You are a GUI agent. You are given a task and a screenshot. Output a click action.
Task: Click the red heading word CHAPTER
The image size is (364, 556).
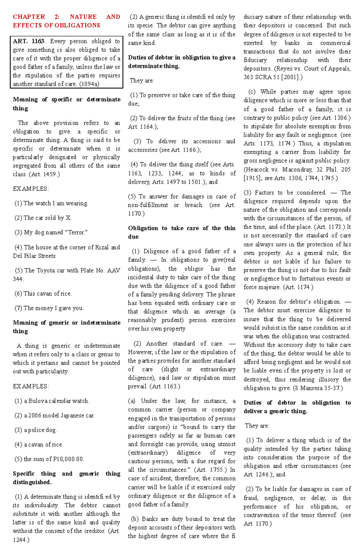pos(29,17)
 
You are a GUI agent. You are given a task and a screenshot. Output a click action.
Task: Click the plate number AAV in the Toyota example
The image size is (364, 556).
pos(114,270)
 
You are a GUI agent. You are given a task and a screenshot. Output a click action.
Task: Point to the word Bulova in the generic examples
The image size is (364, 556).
pos(38,401)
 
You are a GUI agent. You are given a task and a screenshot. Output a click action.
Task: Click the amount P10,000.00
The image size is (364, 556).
pos(68,459)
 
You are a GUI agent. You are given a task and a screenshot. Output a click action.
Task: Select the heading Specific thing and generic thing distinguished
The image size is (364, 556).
pos(66,478)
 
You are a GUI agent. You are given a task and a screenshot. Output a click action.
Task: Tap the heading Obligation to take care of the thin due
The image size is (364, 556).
pos(181,232)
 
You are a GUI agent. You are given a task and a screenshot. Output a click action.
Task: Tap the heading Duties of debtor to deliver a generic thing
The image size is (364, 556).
pos(297,407)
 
